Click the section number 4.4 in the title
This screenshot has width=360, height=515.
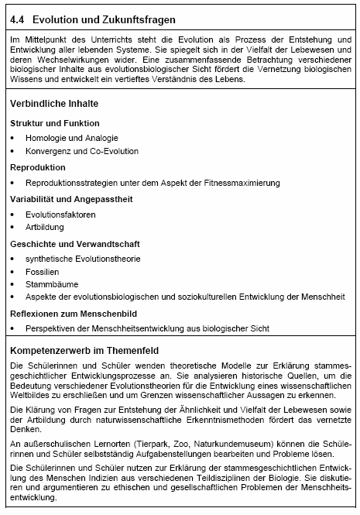[18, 19]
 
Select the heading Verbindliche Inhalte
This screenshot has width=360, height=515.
[53, 103]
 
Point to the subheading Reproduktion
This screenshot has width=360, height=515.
[38, 167]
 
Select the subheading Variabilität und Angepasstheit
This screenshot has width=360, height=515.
[71, 199]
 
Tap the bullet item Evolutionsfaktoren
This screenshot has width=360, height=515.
[60, 214]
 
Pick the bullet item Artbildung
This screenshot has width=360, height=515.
[44, 227]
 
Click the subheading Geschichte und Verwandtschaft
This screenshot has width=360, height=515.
[70, 243]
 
